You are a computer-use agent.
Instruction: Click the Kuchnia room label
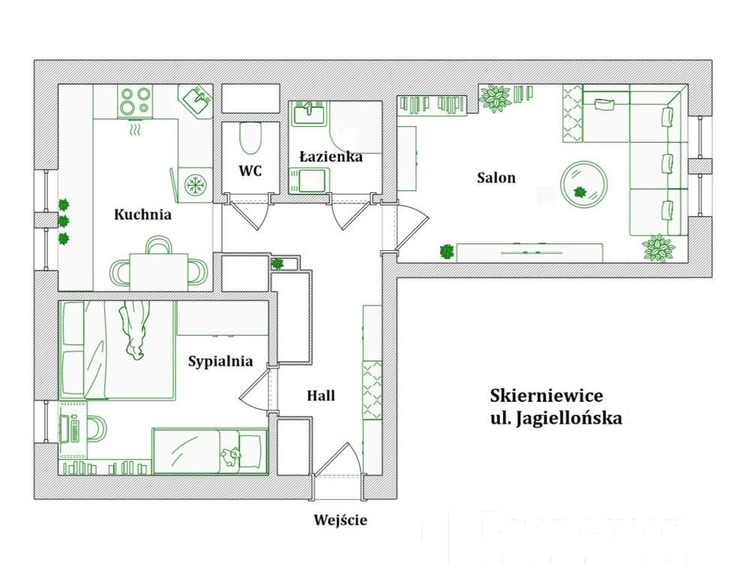(143, 215)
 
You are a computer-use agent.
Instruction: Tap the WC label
(250, 171)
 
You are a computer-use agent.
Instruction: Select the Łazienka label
(330, 157)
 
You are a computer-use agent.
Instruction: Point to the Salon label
(496, 178)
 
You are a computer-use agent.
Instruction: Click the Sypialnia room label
(220, 361)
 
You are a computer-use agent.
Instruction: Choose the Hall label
(321, 396)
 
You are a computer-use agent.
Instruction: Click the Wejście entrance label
(340, 520)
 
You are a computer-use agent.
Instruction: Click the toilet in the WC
(250, 138)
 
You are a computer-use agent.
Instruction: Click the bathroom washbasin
(308, 113)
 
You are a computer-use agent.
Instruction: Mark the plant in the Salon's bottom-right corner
(658, 246)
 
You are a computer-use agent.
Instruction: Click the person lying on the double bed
(134, 328)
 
